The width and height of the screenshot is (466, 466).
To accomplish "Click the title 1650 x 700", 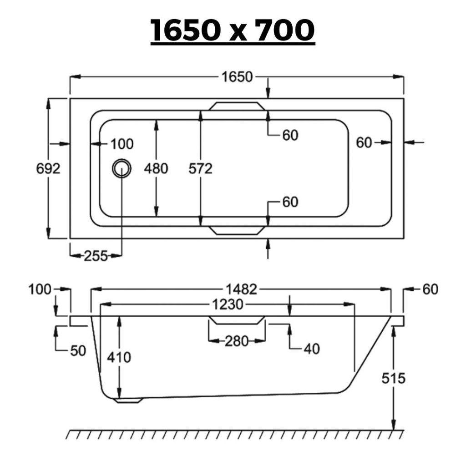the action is point(233,30).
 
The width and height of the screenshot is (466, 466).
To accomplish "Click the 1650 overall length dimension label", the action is point(237,77).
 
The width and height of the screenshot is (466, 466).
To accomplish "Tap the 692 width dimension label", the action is point(48,169).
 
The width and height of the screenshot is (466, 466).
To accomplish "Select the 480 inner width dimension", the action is point(156,168).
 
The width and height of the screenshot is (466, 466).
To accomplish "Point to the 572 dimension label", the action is point(201,168).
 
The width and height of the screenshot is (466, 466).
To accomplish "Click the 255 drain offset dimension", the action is point(96,256).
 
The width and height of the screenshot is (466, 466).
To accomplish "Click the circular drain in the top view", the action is point(122,168).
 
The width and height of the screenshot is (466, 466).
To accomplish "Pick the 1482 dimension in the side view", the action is point(241,289).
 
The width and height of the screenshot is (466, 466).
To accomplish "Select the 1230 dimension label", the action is point(228,304).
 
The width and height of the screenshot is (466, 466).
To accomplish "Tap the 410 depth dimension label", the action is point(119,357).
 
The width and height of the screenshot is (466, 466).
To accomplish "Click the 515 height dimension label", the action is point(394,378).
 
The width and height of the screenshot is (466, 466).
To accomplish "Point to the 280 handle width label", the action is point(237,341).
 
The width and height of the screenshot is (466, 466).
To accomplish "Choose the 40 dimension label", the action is point(312,349).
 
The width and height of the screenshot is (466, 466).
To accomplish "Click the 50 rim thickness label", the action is point(78,351).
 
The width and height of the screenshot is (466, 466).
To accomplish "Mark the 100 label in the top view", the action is point(122,144).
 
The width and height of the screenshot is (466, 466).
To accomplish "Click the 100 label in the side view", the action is point(40,289).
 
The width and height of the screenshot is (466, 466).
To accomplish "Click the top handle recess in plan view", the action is point(237,106).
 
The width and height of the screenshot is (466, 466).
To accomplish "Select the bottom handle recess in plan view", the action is point(237,230).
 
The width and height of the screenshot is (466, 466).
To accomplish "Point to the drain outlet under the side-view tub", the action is point(128,400).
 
